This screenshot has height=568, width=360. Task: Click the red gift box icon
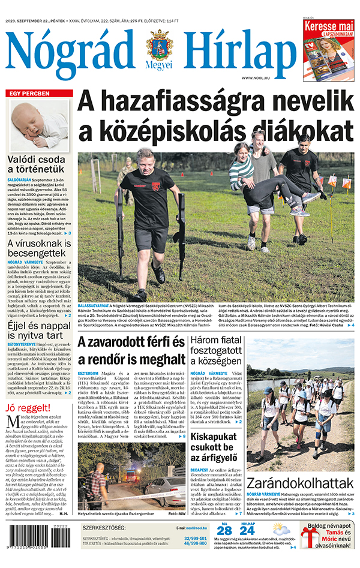[310, 537]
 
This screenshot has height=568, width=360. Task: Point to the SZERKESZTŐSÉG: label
[104, 528]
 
